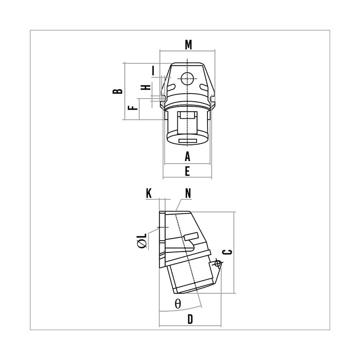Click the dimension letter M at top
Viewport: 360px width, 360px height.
click(188, 45)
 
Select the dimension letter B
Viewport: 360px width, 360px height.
click(117, 91)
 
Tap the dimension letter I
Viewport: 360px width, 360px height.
click(153, 71)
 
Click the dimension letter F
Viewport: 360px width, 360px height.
click(133, 108)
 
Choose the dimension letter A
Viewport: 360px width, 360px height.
click(188, 156)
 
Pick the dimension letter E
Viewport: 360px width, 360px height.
click(187, 171)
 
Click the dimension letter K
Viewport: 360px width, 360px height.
click(149, 193)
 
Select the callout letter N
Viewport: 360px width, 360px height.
click(188, 193)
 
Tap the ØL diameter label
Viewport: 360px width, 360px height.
click(142, 241)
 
